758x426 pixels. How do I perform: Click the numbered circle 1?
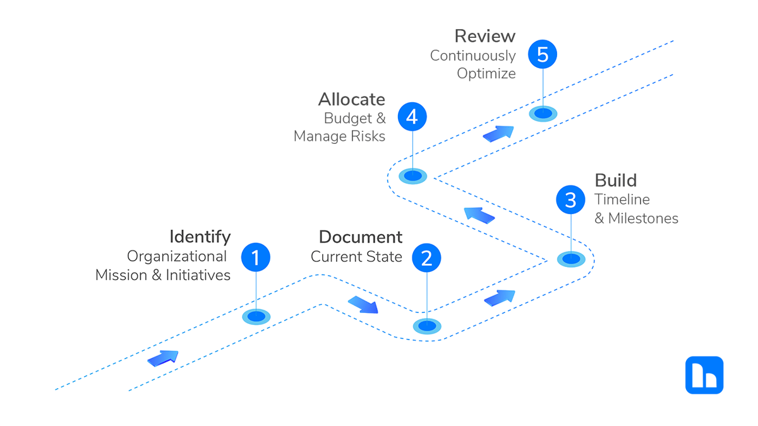[x=256, y=257]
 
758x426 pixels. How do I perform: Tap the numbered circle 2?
[x=426, y=257]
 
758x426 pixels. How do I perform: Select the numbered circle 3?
[x=570, y=200]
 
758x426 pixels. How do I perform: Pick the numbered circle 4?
[x=412, y=117]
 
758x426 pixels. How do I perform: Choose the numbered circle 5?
[x=543, y=54]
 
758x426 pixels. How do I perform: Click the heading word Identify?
[x=200, y=237]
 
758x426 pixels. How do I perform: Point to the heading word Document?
[x=360, y=237]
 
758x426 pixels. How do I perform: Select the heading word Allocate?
[x=351, y=99]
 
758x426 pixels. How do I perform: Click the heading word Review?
[x=484, y=35]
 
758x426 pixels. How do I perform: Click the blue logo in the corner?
[x=704, y=375]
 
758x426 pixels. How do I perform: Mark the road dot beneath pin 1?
[x=256, y=317]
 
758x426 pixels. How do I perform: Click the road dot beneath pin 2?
[x=427, y=326]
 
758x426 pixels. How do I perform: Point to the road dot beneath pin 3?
[x=571, y=259]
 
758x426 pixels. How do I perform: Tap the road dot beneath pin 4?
[x=412, y=176]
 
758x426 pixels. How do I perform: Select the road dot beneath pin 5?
[x=543, y=114]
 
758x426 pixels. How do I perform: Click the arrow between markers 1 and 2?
[x=363, y=305]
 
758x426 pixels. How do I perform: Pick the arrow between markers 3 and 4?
[x=479, y=215]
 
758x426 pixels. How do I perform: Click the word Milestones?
[x=642, y=218]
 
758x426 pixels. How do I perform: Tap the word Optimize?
[x=486, y=74]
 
